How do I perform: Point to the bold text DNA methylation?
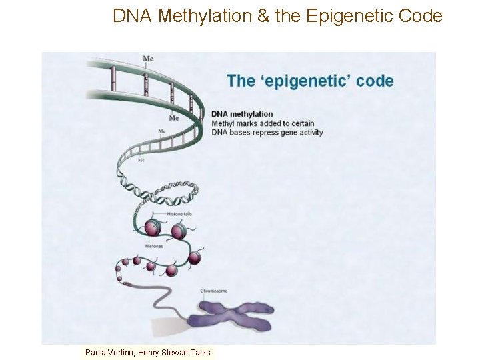click(x=242, y=114)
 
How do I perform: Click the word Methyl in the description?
click(x=224, y=123)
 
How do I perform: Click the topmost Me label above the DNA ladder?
click(x=148, y=59)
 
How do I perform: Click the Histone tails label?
click(x=179, y=214)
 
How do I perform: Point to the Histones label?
click(x=154, y=247)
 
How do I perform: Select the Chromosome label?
click(x=214, y=291)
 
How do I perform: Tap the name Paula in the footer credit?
click(x=97, y=353)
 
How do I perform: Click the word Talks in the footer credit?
click(x=199, y=353)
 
